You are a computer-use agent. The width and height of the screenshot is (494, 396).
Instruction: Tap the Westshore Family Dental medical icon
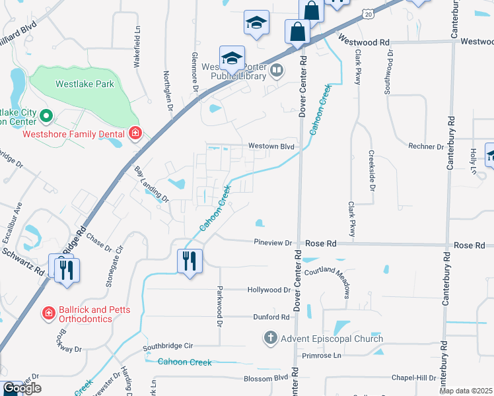tap(135, 133)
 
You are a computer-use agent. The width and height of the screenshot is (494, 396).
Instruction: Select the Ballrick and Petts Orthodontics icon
tap(48, 312)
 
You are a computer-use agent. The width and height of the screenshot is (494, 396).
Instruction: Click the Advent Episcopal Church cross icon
tap(270, 339)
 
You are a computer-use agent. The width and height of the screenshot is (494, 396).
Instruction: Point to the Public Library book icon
tap(278, 69)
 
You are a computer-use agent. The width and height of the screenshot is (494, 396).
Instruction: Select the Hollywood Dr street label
tap(269, 290)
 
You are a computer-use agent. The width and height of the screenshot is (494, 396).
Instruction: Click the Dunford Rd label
tap(271, 317)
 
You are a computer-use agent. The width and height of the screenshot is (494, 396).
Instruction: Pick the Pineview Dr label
tap(273, 243)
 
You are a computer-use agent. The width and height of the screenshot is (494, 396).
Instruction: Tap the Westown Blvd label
tap(270, 146)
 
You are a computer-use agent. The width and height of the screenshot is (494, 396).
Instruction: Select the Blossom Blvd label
tap(266, 378)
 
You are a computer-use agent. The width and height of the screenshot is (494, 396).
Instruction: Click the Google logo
tap(22, 388)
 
